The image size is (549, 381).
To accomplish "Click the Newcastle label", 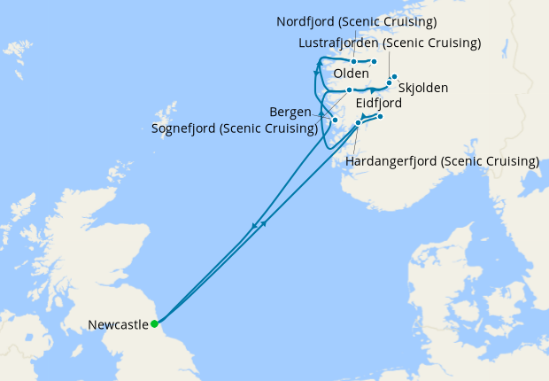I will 118,325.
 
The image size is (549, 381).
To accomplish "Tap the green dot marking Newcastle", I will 155,323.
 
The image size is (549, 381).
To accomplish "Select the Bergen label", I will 290,112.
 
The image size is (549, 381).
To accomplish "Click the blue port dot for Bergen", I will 336,120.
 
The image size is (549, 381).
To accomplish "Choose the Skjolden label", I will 423,88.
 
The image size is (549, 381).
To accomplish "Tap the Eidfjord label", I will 379,103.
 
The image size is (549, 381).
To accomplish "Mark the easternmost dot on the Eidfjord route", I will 380,117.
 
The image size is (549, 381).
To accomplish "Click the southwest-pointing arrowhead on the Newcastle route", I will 255,225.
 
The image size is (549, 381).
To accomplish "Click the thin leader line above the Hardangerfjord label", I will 353,142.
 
